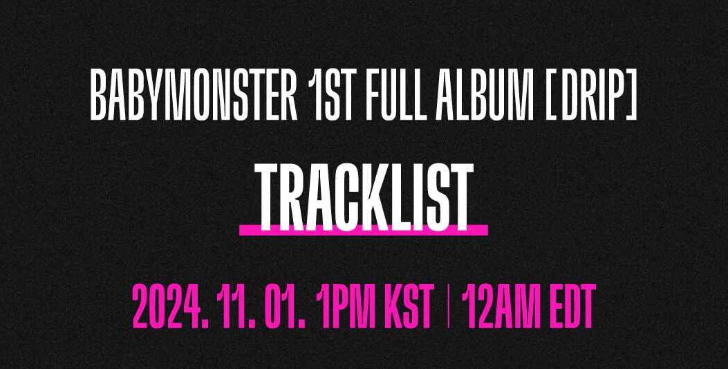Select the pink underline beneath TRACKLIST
(364, 230)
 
